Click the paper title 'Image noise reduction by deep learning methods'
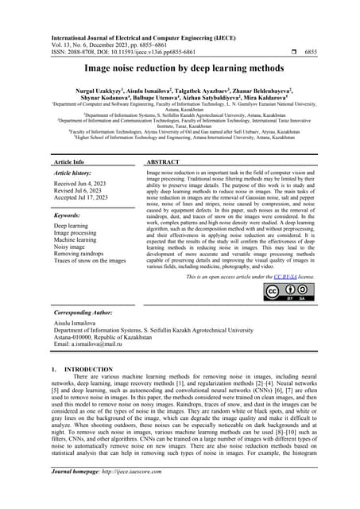coord(180,69)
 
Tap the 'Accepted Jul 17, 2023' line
coord(82,200)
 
